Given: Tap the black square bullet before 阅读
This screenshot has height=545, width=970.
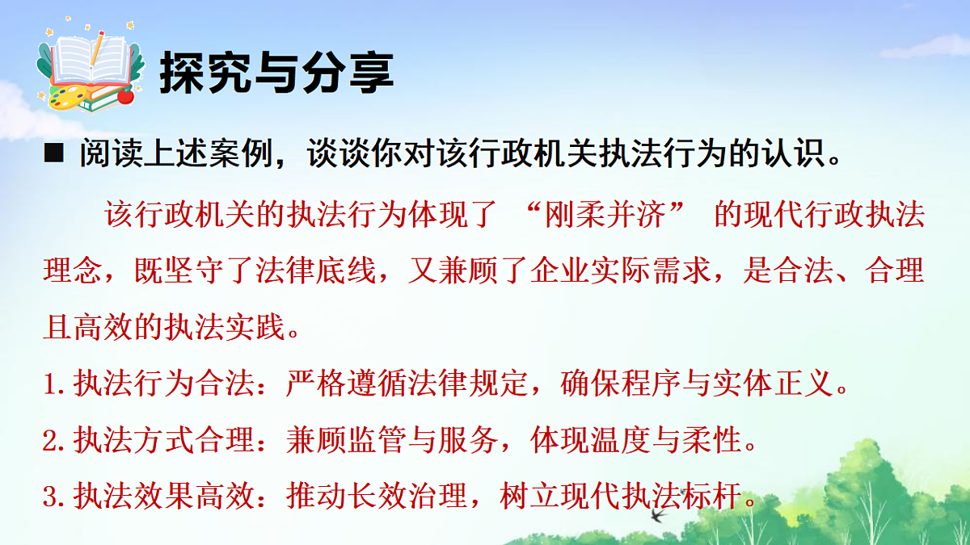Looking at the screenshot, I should coord(53,153).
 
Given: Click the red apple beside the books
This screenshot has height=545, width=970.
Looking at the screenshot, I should coord(125,96).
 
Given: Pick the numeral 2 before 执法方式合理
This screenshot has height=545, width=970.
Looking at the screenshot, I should coord(50,441).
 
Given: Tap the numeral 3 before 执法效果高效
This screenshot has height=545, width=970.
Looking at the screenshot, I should coord(50,496).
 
